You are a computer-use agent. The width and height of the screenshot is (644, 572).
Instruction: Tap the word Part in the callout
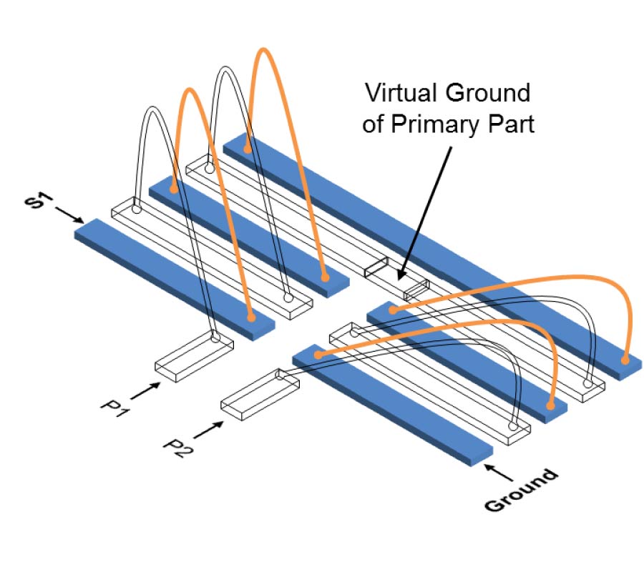point(513,124)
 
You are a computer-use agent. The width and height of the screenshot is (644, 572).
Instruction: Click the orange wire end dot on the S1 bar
point(250,317)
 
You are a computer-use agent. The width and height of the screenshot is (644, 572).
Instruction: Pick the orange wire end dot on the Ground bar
point(317,354)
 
